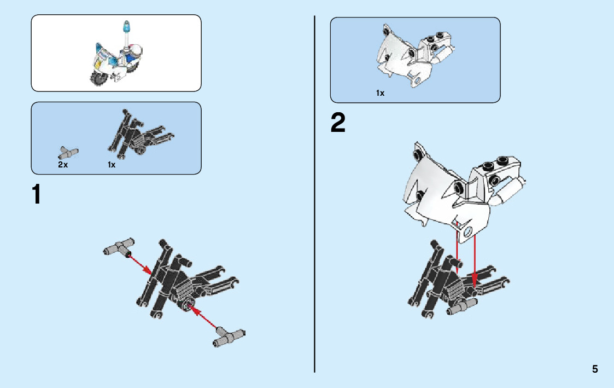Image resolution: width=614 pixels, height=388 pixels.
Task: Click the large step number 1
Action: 36,195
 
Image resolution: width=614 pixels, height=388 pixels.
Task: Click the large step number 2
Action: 338,123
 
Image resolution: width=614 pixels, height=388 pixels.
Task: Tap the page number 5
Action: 595,369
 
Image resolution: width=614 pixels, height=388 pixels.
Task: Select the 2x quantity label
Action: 63,165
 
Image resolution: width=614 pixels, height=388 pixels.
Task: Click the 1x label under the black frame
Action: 112,165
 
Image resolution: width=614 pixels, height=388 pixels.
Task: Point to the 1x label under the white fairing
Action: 380,93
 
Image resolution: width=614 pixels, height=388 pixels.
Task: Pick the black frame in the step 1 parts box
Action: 140,135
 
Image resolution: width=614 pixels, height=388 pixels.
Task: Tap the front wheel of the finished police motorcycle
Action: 98,79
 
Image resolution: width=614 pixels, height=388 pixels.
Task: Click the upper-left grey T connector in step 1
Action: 118,248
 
